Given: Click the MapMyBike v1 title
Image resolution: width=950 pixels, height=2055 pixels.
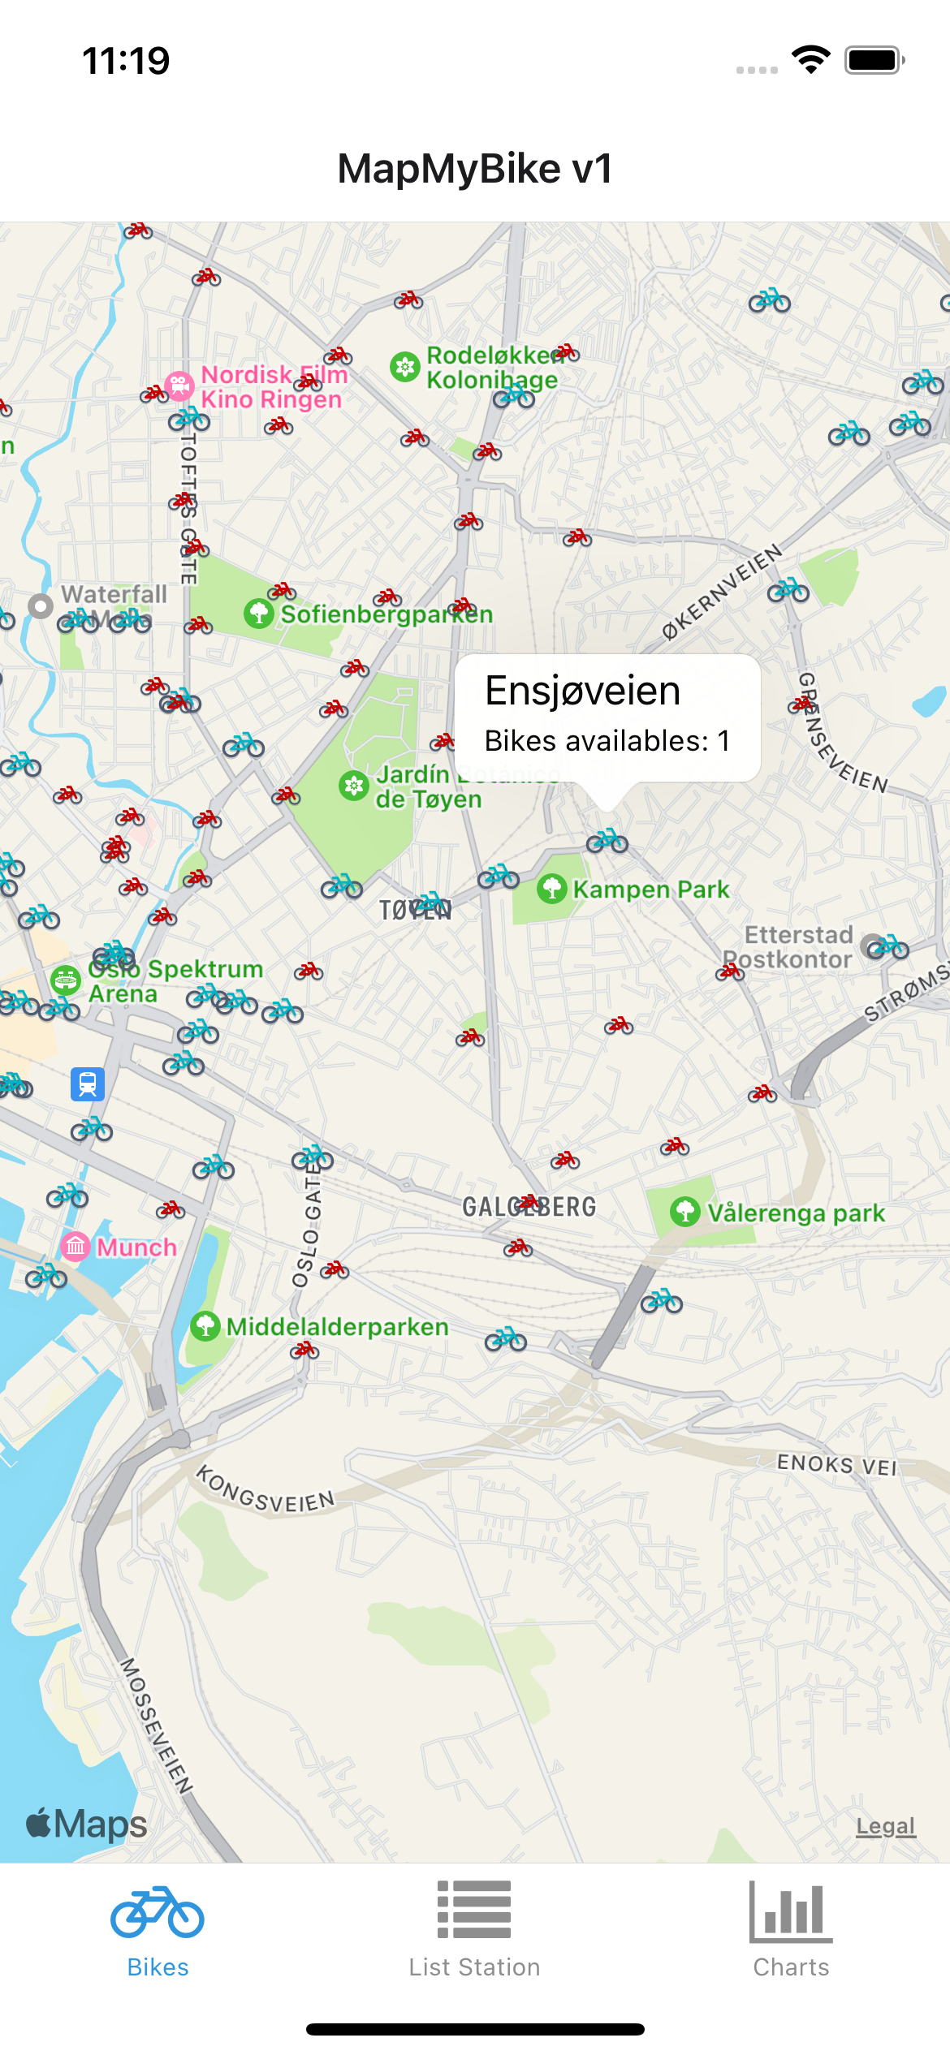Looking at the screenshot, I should pyautogui.click(x=475, y=169).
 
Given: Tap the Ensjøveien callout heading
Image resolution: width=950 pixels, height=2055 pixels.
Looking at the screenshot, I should pyautogui.click(x=582, y=691).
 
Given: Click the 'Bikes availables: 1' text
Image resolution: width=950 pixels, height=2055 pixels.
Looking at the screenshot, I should pyautogui.click(x=607, y=741).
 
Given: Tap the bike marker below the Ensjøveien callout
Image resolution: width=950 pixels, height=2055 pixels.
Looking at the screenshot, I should pyautogui.click(x=607, y=842).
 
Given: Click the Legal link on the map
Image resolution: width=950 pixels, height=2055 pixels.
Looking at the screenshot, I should pyautogui.click(x=885, y=1826).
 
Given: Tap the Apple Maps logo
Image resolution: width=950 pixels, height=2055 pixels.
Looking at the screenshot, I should pyautogui.click(x=87, y=1824).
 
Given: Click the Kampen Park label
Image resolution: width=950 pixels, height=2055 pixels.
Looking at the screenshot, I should pyautogui.click(x=650, y=890).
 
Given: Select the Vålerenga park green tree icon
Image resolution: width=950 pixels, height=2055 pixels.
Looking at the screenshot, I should pyautogui.click(x=685, y=1213).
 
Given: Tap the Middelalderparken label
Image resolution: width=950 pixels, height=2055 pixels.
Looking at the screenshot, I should pyautogui.click(x=337, y=1327).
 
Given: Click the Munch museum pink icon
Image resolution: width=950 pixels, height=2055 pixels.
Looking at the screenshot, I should pyautogui.click(x=76, y=1246).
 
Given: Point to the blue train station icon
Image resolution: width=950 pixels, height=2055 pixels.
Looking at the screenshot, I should pyautogui.click(x=88, y=1084).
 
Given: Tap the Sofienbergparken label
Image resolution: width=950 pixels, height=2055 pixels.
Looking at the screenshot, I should pyautogui.click(x=386, y=614).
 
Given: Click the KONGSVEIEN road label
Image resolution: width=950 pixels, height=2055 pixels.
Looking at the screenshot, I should pyautogui.click(x=266, y=1490).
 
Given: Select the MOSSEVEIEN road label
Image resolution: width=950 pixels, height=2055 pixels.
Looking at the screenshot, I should pyautogui.click(x=155, y=1725).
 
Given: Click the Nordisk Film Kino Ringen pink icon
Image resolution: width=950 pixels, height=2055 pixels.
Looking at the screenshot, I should pyautogui.click(x=179, y=386).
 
